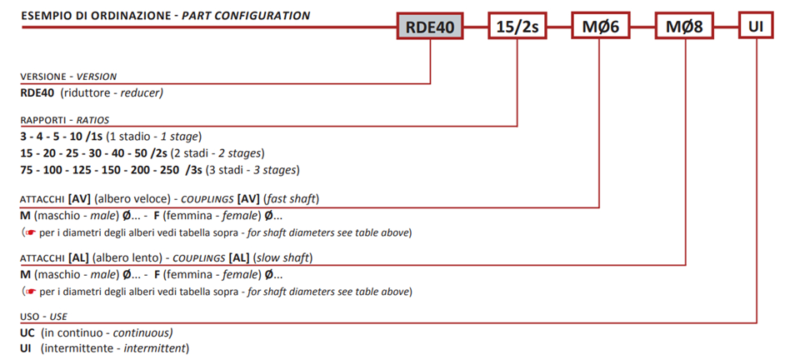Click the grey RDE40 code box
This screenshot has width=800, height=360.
point(430,27)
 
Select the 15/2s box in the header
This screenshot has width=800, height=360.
point(517,27)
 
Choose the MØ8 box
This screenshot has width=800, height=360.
point(684,27)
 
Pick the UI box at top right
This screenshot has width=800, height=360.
point(756,27)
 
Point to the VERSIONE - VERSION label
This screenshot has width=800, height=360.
point(68,77)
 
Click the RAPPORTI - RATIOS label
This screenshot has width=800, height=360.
point(65,120)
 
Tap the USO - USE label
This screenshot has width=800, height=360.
point(43,317)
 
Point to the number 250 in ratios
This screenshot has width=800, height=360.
point(169,170)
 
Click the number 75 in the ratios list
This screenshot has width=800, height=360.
point(27,170)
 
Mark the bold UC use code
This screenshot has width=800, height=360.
point(27,333)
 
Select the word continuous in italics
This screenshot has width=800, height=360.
point(142,333)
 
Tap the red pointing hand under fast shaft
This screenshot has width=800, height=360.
point(31,233)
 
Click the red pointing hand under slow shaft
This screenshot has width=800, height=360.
point(31,292)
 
